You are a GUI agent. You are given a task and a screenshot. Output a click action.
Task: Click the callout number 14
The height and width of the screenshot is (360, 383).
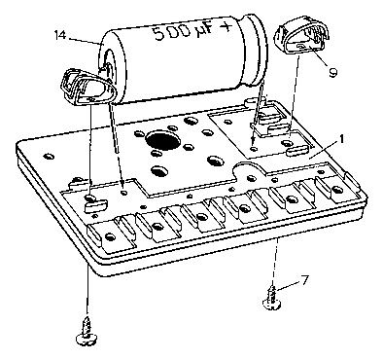(60, 35)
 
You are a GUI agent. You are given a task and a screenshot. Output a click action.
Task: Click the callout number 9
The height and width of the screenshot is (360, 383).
(332, 72)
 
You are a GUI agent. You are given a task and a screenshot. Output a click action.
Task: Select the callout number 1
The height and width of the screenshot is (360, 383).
(341, 139)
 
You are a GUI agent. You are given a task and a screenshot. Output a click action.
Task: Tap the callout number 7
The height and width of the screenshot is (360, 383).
(305, 280)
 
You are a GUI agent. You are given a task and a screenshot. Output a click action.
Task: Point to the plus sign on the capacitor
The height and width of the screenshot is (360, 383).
(226, 26)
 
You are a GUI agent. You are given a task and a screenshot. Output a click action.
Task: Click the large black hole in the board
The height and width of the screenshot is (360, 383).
(162, 140)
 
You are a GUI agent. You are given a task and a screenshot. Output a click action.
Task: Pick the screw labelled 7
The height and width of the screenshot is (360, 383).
(271, 299)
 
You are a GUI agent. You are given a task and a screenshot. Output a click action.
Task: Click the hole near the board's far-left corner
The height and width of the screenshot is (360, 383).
(50, 157)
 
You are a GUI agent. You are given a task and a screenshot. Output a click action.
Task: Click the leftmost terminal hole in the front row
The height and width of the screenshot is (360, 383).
(110, 236)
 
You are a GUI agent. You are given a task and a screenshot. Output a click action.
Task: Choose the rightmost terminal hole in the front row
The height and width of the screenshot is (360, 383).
(337, 189)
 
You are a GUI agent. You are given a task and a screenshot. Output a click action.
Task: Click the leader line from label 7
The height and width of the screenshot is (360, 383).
(288, 285)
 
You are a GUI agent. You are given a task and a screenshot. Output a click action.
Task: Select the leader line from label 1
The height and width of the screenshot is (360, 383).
(323, 150)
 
